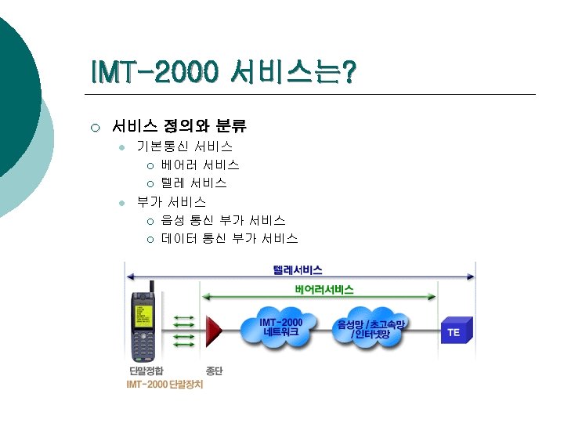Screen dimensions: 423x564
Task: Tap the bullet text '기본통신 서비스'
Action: coord(185,146)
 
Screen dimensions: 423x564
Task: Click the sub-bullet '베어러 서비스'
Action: coord(201,164)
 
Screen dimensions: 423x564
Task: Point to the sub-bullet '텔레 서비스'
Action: coord(194,183)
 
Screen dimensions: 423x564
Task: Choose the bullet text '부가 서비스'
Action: coord(172,201)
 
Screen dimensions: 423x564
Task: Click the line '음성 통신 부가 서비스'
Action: coord(223,221)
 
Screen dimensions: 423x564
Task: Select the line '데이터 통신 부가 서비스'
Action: coord(230,238)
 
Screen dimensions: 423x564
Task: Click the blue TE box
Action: coord(455,331)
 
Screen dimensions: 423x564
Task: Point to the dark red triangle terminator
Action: coord(212,331)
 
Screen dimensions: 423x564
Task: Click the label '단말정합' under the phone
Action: coord(146,371)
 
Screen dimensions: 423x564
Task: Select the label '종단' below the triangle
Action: coord(214,371)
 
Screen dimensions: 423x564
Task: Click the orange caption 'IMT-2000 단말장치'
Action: coord(164,385)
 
